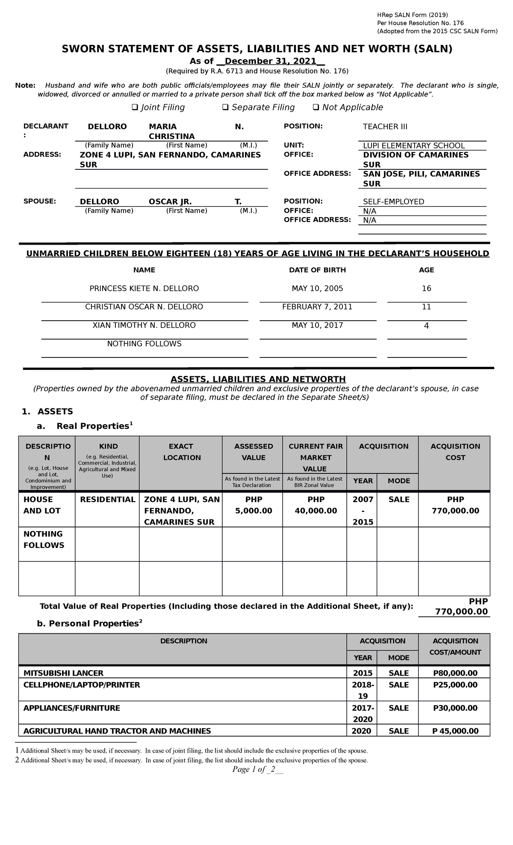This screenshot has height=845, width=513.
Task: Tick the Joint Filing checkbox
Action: pyautogui.click(x=135, y=107)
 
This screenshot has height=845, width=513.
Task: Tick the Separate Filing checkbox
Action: pyautogui.click(x=225, y=107)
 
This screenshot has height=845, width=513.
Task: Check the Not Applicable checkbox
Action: pyautogui.click(x=316, y=107)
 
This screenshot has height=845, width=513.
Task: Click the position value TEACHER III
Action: pyautogui.click(x=385, y=127)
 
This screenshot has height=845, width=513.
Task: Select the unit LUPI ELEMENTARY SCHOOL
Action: pyautogui.click(x=413, y=145)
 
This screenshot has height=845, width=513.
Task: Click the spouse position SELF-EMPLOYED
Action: pyautogui.click(x=393, y=201)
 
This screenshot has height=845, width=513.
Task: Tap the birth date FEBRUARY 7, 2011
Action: pyautogui.click(x=318, y=307)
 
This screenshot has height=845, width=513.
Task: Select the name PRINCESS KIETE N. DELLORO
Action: pyautogui.click(x=144, y=288)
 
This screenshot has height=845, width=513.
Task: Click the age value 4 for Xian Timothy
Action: pyautogui.click(x=426, y=325)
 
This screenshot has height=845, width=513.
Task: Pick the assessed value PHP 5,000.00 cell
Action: pyautogui.click(x=254, y=505)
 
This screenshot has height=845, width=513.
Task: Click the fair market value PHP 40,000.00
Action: pyautogui.click(x=315, y=505)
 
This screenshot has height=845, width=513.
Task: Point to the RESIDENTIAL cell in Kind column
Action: pyautogui.click(x=107, y=499)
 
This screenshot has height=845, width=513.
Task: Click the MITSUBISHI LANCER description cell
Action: pyautogui.click(x=63, y=673)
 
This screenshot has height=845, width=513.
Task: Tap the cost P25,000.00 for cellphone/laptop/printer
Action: pyautogui.click(x=455, y=685)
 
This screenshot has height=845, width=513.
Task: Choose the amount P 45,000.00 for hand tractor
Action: pyautogui.click(x=455, y=731)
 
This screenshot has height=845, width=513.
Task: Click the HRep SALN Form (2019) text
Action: pyautogui.click(x=412, y=15)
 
